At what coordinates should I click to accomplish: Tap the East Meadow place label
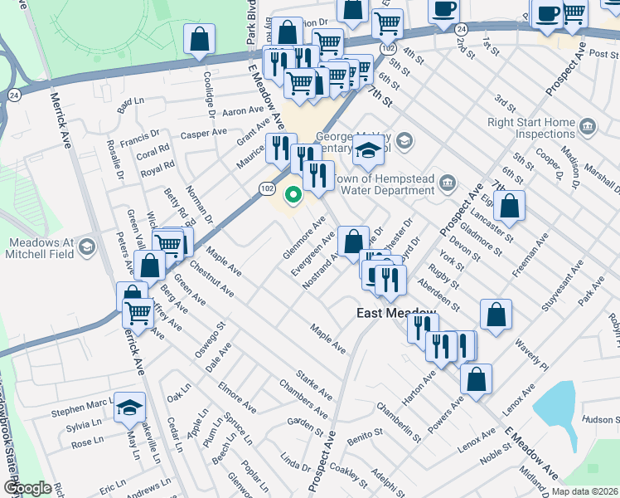coord(396,313)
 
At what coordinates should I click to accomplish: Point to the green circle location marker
coord(292,196)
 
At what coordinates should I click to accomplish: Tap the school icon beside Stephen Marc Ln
coord(129,408)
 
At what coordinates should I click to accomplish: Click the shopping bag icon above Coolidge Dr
coord(200,39)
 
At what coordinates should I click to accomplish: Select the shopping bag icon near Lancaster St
coord(511,206)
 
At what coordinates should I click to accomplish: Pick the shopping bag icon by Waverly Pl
coord(495,315)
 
